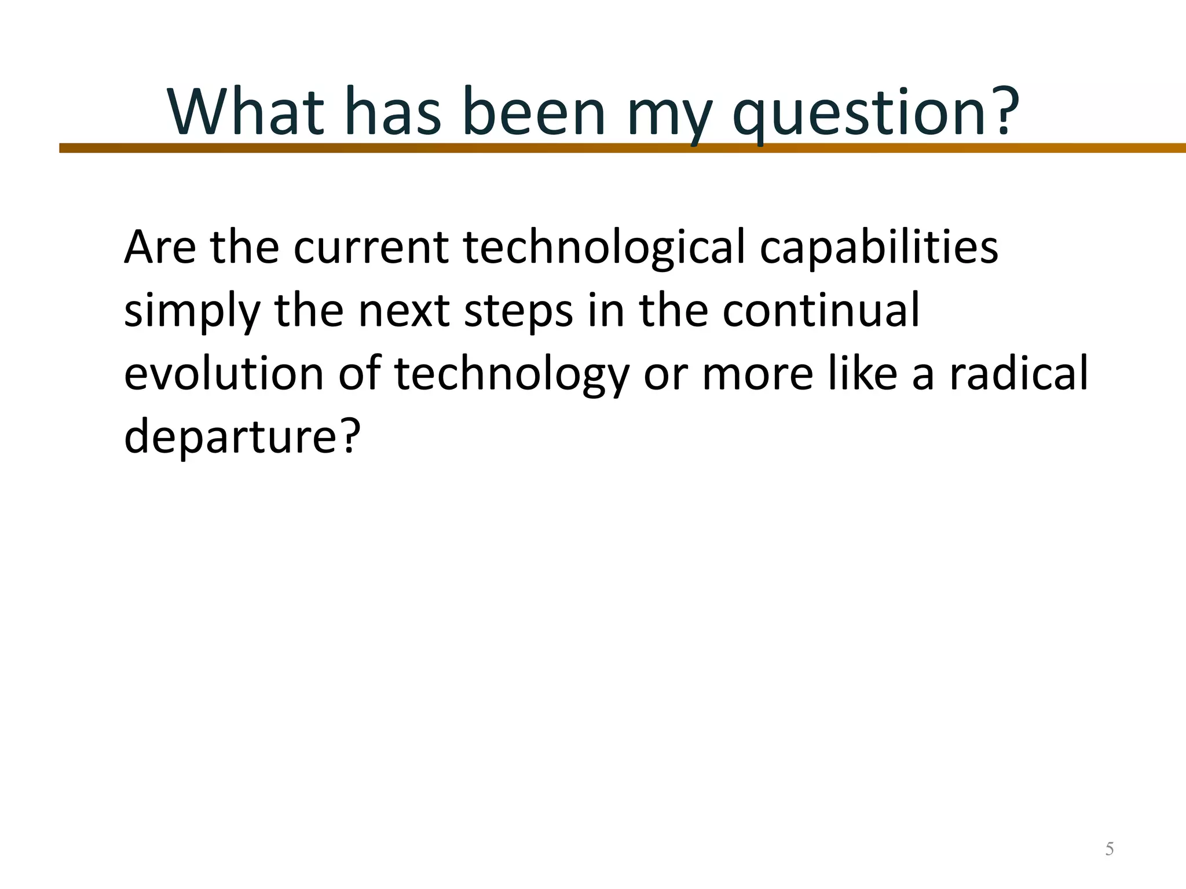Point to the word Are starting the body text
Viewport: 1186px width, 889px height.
coord(160,248)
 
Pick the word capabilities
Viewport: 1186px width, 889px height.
coord(878,249)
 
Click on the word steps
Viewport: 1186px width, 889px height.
coord(518,313)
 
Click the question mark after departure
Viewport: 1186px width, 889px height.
coord(350,435)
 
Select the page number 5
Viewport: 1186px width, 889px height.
coord(1110,849)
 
